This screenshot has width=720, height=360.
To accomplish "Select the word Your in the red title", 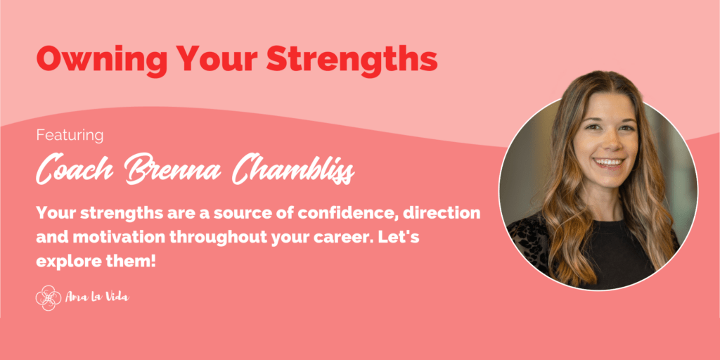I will [x=212, y=59].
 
